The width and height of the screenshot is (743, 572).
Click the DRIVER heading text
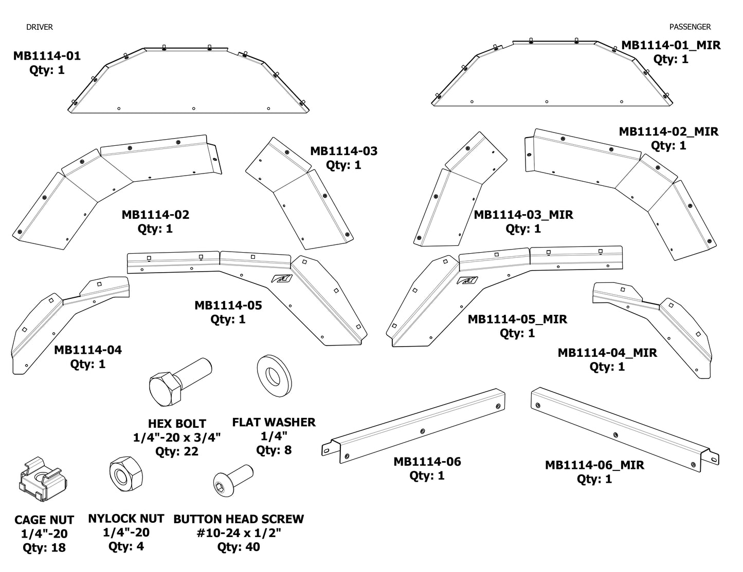pyautogui.click(x=40, y=27)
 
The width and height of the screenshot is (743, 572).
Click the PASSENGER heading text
pyautogui.click(x=690, y=27)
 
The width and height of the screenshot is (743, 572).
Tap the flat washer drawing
pyautogui.click(x=274, y=380)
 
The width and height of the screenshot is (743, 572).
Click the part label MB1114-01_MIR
pyautogui.click(x=670, y=45)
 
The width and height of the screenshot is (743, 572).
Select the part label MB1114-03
pyautogui.click(x=343, y=151)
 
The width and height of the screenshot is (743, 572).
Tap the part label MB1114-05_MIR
pyautogui.click(x=517, y=319)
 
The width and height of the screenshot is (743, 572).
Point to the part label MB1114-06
pyautogui.click(x=427, y=462)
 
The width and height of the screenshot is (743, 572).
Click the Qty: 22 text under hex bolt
pyautogui.click(x=176, y=452)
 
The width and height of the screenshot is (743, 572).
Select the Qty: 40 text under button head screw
pyautogui.click(x=238, y=547)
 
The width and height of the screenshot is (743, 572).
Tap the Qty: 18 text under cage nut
pyautogui.click(x=44, y=548)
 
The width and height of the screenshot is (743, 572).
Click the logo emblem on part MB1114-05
pyautogui.click(x=282, y=279)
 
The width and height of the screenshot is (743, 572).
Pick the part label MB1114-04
pyautogui.click(x=88, y=350)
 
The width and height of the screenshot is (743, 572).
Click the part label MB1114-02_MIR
pyautogui.click(x=668, y=131)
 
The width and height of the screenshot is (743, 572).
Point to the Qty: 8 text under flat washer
pyautogui.click(x=274, y=450)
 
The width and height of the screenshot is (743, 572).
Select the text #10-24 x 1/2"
pyautogui.click(x=239, y=533)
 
